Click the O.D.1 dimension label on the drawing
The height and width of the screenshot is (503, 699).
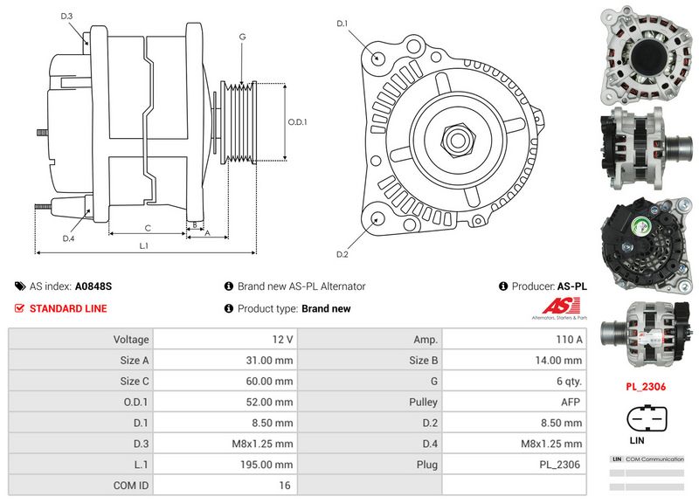[x=298, y=121]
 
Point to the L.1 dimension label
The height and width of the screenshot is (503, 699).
[x=144, y=246]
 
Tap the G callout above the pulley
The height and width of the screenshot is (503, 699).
[x=241, y=37]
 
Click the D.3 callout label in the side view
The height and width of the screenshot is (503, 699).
[x=67, y=15]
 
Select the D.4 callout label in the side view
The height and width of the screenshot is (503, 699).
[x=68, y=238]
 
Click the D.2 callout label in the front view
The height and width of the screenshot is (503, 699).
[x=343, y=254]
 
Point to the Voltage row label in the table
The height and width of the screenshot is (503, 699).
[x=131, y=339]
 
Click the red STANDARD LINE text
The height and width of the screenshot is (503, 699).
[x=68, y=308]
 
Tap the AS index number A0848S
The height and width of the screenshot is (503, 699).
[x=93, y=286]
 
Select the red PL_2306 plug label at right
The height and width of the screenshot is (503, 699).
[x=646, y=385]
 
